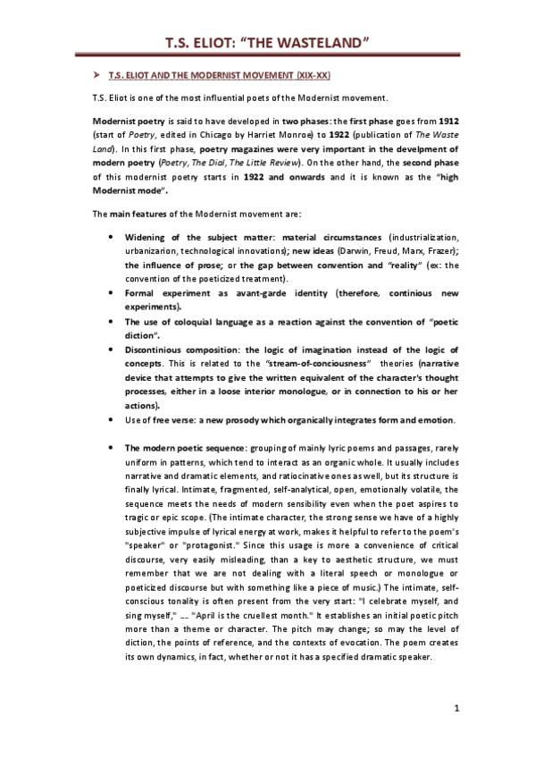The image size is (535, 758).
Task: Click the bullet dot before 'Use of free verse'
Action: (x=109, y=420)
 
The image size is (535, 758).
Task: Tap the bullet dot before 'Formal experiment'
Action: (x=109, y=292)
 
